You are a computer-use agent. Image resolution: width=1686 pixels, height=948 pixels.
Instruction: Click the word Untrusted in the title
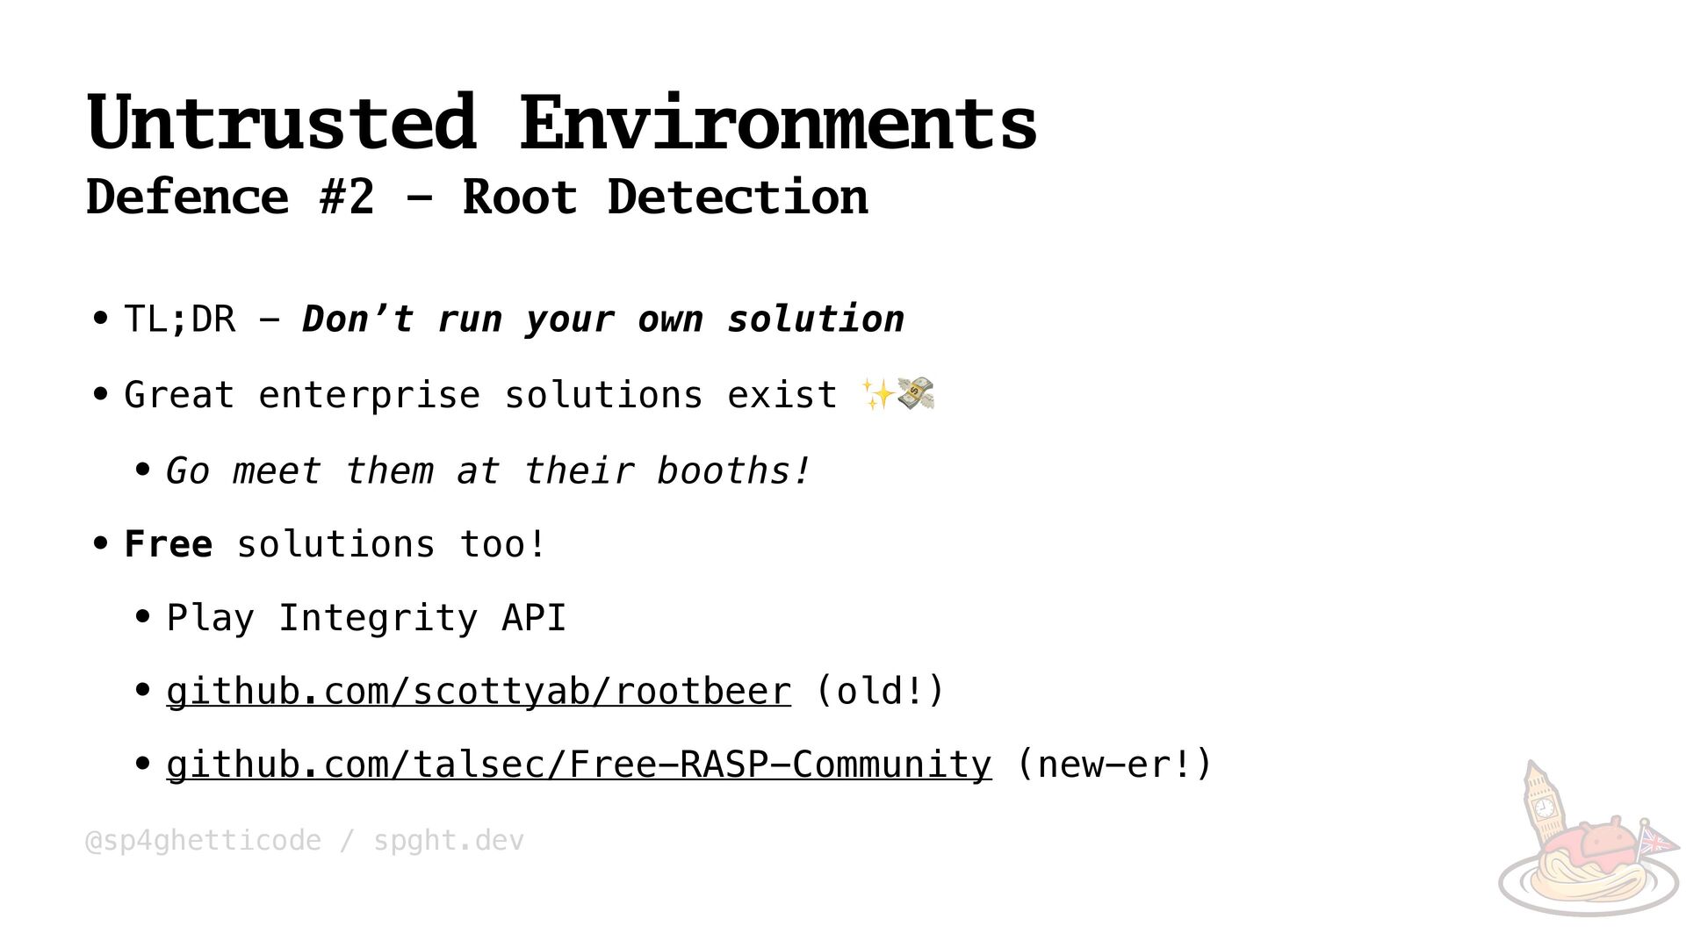coord(281,123)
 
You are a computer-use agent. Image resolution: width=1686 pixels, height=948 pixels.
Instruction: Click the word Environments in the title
coord(778,123)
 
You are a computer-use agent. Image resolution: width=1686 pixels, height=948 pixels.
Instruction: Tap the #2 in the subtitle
coord(347,197)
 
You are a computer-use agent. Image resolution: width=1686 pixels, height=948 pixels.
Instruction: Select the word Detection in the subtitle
coord(738,197)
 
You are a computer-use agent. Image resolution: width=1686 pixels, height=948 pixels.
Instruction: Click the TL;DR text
coord(179,320)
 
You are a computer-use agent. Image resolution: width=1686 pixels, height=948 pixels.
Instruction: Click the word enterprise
coord(369,396)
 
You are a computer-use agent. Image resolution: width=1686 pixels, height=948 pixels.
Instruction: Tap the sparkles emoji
coord(876,394)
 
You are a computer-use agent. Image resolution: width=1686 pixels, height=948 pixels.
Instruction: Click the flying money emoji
coord(916,394)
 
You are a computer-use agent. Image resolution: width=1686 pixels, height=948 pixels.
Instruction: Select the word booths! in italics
coord(733,471)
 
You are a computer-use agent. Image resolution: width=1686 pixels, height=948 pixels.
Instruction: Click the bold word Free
coord(168,544)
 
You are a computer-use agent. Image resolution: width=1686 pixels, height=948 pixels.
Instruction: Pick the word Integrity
coord(378,618)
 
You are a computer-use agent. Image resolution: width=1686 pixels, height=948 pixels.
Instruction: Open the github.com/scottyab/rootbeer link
coord(479,692)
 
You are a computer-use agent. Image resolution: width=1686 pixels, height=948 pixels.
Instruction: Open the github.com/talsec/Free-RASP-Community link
coord(579,765)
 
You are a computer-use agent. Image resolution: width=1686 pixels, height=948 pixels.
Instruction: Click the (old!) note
coord(880,691)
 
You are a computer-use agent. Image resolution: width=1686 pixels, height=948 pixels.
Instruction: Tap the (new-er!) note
coord(1113,765)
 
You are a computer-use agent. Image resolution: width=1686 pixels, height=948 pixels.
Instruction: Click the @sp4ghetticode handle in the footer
coord(203,841)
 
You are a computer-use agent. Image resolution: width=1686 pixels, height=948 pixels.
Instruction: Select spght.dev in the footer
coord(449,841)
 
